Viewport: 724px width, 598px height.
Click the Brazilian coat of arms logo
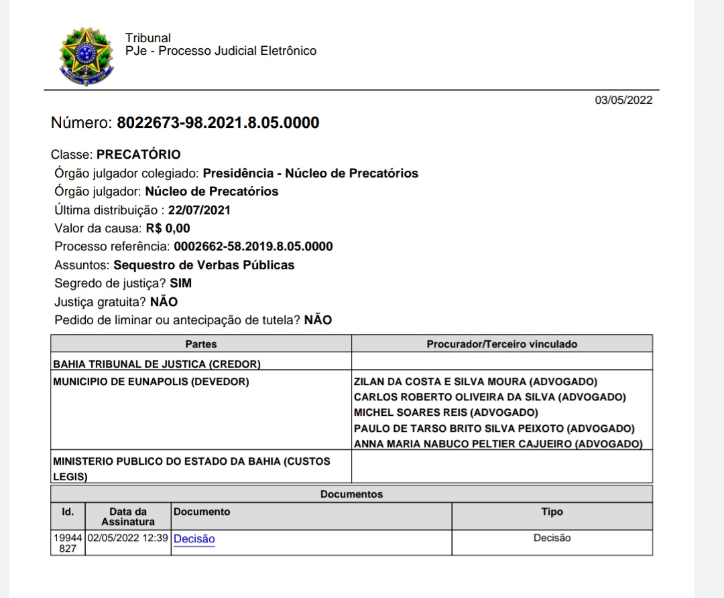[x=85, y=57]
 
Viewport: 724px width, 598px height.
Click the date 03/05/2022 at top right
[x=623, y=100]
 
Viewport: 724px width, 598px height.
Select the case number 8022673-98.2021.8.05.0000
[x=218, y=123]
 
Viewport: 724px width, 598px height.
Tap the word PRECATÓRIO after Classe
[x=138, y=155]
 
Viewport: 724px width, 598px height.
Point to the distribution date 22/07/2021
[x=199, y=210]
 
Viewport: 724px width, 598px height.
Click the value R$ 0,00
[x=168, y=228]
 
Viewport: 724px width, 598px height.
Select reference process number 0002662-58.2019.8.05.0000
[x=253, y=246]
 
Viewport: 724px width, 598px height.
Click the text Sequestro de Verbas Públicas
[x=204, y=265]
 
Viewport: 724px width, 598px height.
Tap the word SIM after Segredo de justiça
[x=180, y=283]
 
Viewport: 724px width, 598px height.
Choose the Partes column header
[x=201, y=344]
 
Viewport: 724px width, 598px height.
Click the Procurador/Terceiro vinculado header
[x=501, y=344]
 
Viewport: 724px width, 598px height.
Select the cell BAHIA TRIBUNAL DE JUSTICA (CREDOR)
[x=157, y=365]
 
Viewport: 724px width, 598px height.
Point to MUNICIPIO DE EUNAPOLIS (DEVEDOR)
[x=151, y=382]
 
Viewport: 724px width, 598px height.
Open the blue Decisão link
[x=194, y=538]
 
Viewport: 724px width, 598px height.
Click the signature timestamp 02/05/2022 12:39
[x=127, y=538]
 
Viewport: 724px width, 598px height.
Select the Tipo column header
[x=552, y=512]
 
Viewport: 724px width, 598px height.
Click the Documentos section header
[x=351, y=494]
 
